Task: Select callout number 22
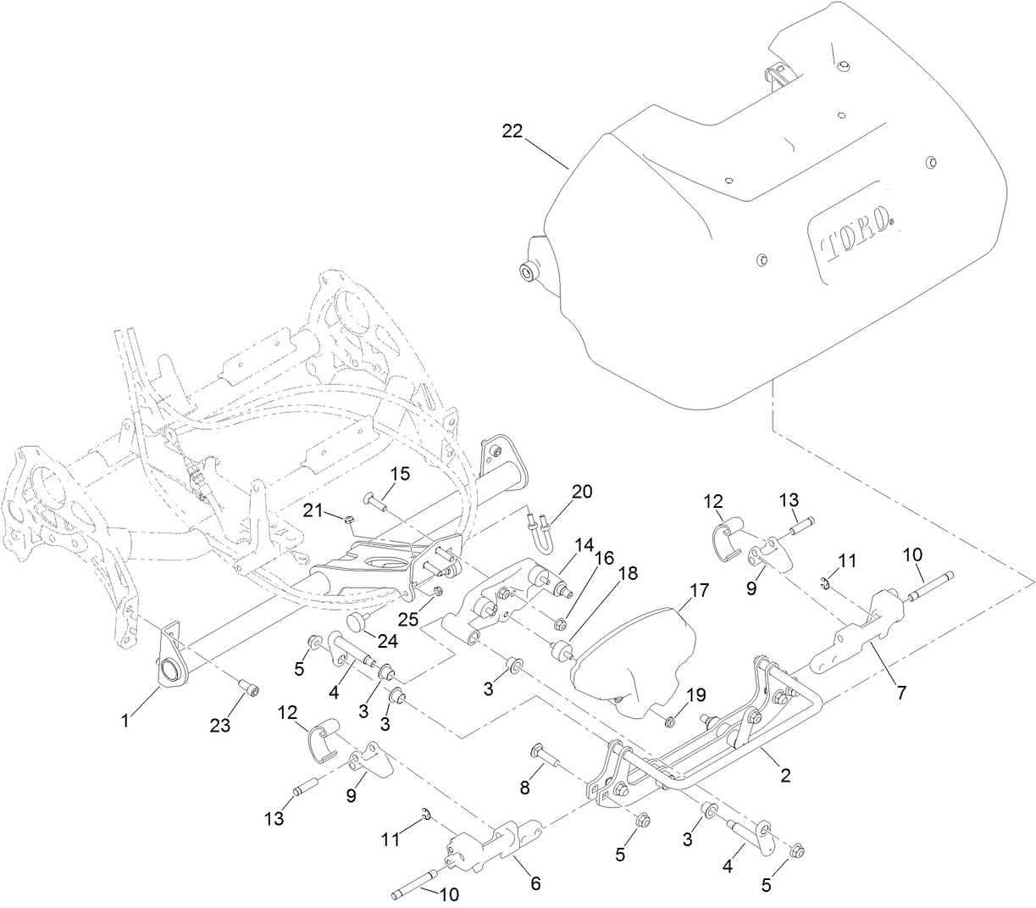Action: click(x=512, y=131)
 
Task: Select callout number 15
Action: click(x=400, y=473)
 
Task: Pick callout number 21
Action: click(x=314, y=507)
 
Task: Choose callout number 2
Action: click(x=785, y=774)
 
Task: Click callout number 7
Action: click(x=901, y=692)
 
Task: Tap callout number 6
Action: click(x=535, y=883)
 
